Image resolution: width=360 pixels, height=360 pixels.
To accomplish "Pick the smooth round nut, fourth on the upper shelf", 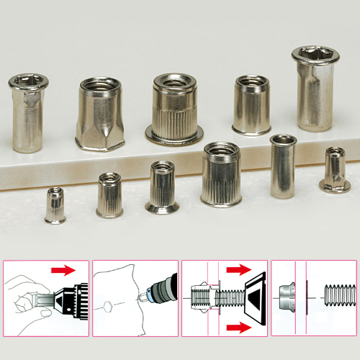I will [251, 106].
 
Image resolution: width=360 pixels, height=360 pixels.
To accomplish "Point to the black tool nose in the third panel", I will [253, 298].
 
